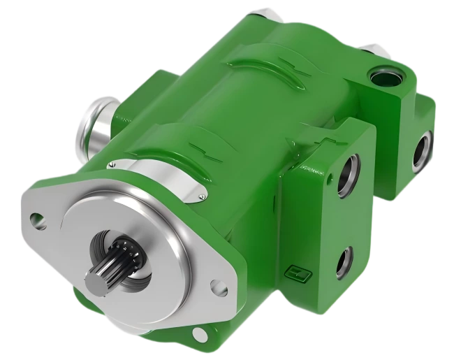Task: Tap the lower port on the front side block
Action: coord(343,264)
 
